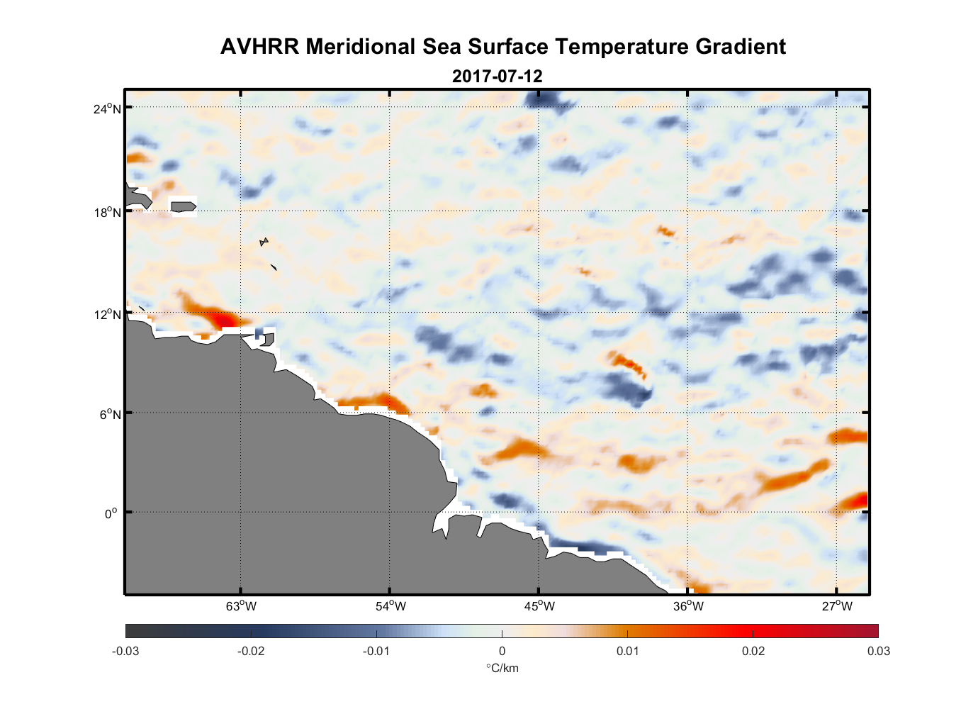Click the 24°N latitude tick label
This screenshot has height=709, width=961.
point(107,108)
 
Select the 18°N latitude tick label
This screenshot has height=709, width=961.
point(107,212)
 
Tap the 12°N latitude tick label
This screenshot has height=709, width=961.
point(107,315)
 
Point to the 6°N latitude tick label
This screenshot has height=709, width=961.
point(110,414)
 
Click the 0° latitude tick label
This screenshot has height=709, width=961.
point(111,513)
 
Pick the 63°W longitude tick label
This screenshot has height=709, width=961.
point(241,606)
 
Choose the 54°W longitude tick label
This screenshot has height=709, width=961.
point(390,606)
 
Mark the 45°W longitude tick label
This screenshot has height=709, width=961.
point(539,606)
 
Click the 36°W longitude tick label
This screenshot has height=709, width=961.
point(688,606)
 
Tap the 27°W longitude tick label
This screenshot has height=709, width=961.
point(837,606)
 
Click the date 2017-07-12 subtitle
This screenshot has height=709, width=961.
point(497,76)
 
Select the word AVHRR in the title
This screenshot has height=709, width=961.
point(259,47)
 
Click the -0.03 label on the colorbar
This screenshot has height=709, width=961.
point(125,651)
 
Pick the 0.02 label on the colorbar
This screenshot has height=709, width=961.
point(753,651)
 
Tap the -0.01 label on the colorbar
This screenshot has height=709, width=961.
point(376,651)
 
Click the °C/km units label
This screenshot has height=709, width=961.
point(502,668)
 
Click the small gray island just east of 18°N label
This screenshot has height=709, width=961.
point(184,206)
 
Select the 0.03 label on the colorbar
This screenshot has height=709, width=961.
point(878,651)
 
